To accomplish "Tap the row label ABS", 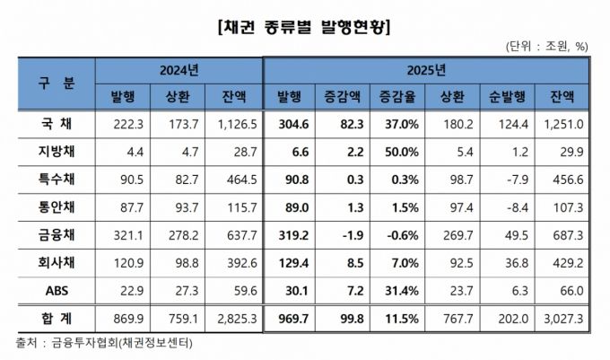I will point(57,292).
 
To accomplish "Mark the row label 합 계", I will point(57,319).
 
